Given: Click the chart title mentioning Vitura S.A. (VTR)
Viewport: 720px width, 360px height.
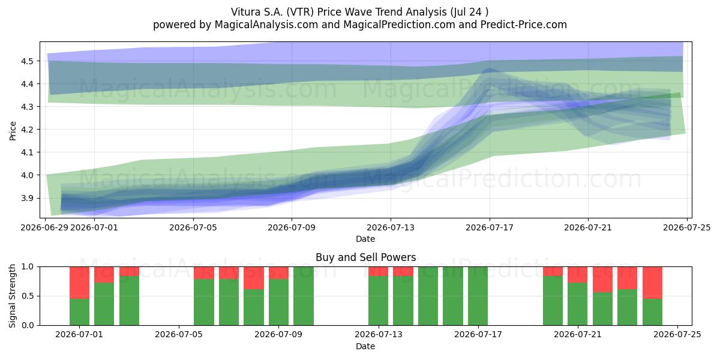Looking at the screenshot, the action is (359, 12).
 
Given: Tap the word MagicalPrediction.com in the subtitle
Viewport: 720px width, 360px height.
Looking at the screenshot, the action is (399, 25).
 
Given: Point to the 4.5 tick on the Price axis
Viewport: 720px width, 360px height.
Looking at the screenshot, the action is (28, 61).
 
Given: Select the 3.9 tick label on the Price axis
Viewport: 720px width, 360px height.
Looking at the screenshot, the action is (28, 198).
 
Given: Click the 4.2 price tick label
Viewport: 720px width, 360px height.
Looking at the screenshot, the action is (28, 130).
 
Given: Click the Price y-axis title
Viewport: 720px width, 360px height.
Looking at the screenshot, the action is (13, 131).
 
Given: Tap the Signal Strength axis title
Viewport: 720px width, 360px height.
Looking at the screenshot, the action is (12, 296).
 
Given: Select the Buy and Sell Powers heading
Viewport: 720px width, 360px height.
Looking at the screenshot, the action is (366, 257).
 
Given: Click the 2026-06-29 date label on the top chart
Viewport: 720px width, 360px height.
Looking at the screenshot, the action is (44, 227).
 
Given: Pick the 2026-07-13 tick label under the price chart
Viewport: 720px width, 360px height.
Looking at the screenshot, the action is (391, 227).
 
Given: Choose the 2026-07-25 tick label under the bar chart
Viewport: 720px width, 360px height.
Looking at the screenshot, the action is (677, 335).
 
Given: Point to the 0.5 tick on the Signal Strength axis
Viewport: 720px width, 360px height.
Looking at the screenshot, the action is (28, 296).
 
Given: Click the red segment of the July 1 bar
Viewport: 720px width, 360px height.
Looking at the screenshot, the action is (79, 283).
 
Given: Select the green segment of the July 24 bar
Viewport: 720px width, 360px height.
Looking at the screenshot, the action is (653, 312).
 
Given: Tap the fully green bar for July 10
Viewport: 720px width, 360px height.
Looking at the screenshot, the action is (304, 296).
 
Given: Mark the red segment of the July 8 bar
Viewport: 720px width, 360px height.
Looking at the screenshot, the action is (254, 278).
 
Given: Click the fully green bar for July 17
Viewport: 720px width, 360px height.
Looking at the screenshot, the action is (478, 296).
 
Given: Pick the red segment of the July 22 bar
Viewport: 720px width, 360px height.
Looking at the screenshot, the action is (602, 280).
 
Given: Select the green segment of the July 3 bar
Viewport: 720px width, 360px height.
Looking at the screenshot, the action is (129, 300).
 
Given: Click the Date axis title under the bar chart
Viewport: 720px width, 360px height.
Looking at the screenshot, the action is (365, 346).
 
